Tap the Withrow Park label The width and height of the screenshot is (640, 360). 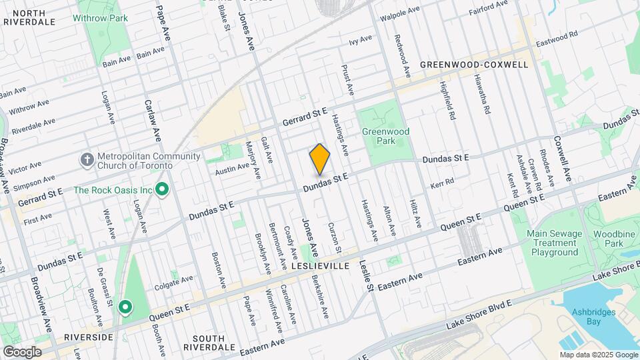(100, 18)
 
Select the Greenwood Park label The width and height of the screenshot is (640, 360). (385, 136)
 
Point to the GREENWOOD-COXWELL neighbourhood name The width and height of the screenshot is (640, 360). (474, 65)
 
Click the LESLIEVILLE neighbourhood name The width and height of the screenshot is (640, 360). (321, 265)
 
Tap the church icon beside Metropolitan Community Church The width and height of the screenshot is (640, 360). (87, 160)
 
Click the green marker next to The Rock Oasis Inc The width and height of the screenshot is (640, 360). (161, 190)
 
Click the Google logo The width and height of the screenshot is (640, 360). (21, 352)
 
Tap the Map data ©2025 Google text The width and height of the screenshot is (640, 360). (598, 355)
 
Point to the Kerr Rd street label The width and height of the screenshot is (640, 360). (442, 182)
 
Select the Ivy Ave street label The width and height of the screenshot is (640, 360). (360, 41)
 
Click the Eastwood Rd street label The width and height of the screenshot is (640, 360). (555, 39)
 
